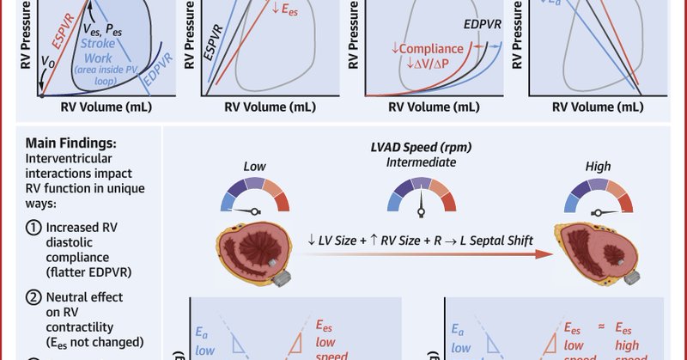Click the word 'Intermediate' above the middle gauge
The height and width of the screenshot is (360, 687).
click(421, 162)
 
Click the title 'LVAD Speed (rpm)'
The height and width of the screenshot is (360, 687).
click(421, 145)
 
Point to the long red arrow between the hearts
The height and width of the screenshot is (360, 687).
click(429, 253)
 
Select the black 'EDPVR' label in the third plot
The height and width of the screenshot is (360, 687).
click(484, 27)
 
